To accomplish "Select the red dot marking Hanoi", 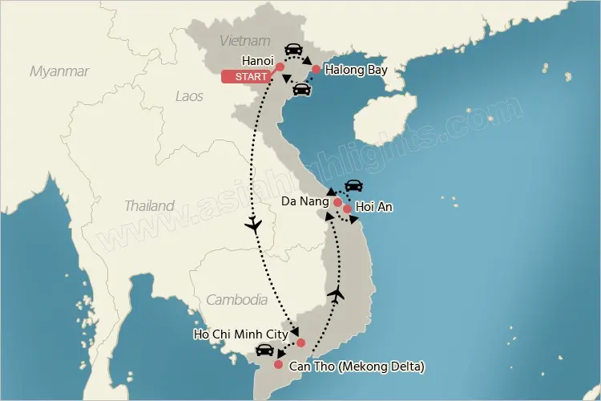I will click(280, 67).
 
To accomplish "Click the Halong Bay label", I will click(356, 71).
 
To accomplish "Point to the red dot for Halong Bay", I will click(317, 70).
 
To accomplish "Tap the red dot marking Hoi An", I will click(347, 209).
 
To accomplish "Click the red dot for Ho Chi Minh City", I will click(300, 343).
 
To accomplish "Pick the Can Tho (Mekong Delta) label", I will click(356, 367).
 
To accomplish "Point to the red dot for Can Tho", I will click(278, 365).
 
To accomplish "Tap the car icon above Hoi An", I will click(353, 187).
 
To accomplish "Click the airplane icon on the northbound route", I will click(337, 294).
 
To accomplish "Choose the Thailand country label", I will click(149, 206).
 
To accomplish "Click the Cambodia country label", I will click(236, 300).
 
